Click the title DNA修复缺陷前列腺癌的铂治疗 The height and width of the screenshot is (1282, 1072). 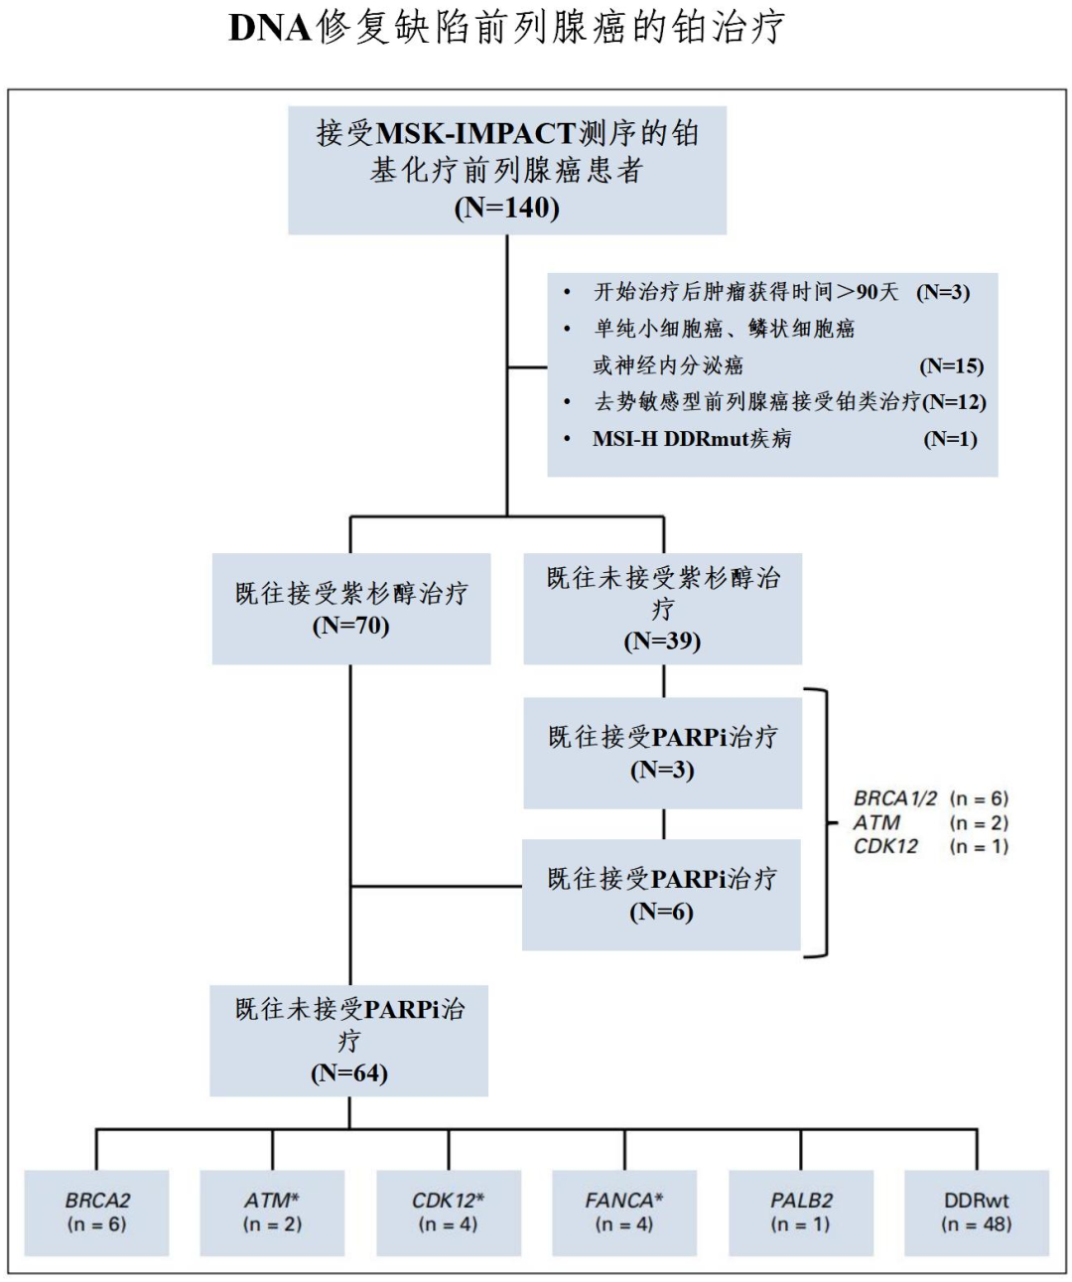point(507,28)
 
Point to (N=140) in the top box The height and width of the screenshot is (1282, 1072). point(507,208)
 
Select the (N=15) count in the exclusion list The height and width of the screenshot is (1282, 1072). point(951,365)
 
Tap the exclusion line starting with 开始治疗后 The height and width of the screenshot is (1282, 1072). point(744,292)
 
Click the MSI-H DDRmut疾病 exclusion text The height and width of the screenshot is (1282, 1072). point(692,439)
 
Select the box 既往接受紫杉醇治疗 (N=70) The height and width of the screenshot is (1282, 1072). point(351,609)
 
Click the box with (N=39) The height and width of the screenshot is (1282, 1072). point(662,609)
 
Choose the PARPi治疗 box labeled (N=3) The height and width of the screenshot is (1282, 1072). point(662,753)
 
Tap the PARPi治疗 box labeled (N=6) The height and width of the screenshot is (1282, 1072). point(662,895)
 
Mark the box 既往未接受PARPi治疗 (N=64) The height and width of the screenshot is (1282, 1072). point(349,1040)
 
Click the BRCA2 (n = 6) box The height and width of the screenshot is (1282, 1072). point(97,1212)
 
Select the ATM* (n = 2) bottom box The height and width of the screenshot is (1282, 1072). point(272,1212)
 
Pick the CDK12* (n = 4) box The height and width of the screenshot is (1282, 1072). point(449,1212)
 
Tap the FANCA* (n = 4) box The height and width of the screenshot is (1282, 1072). point(624,1212)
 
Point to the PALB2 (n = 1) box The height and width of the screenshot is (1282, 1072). point(801,1212)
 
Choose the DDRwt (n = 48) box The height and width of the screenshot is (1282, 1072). point(977,1212)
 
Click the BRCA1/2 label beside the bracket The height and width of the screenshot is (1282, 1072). point(894,798)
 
